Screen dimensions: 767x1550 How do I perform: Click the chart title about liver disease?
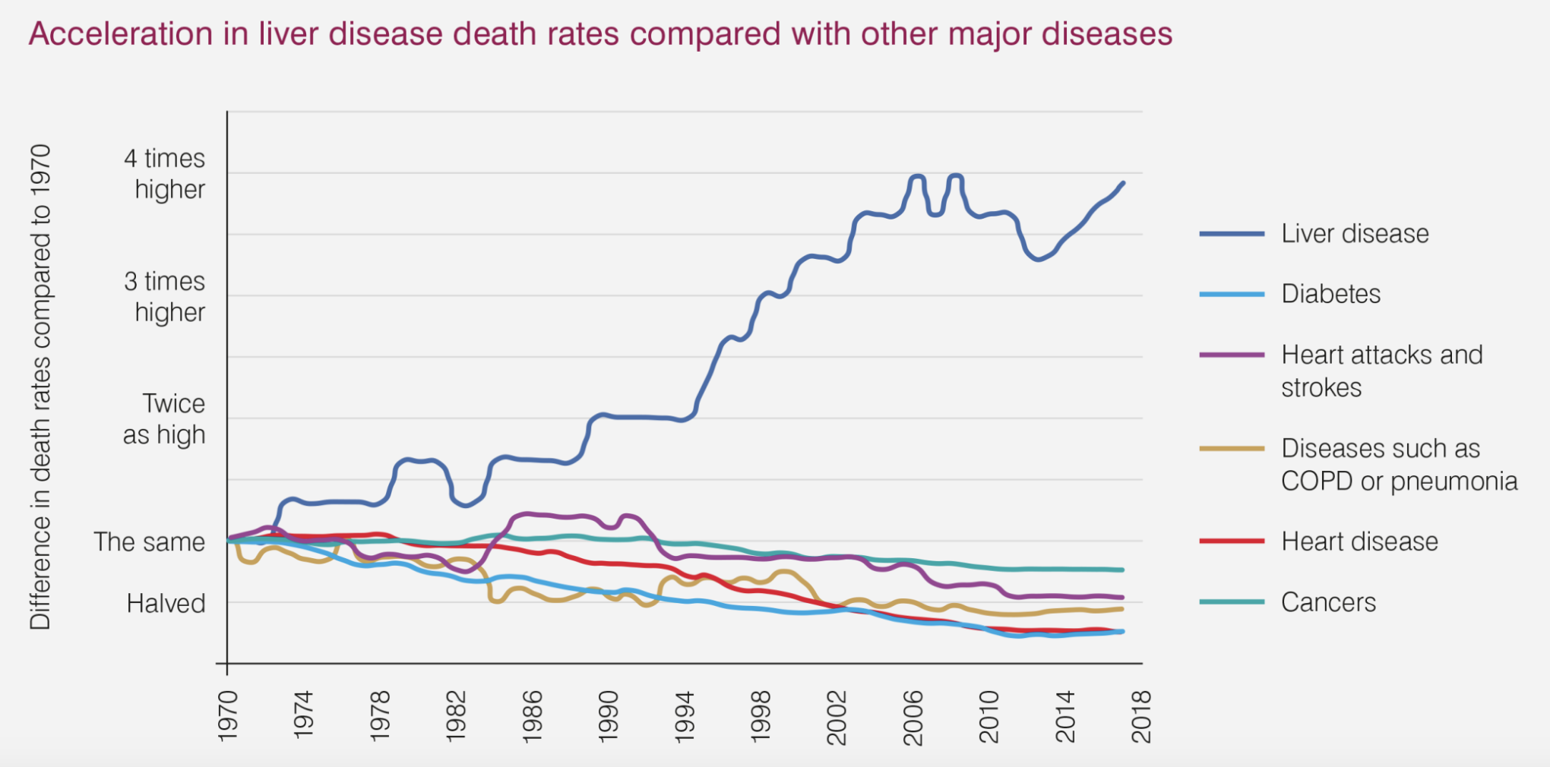click(x=600, y=34)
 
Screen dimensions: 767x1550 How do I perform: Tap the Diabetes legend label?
click(x=1330, y=294)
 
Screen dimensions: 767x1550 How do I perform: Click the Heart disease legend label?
click(x=1359, y=541)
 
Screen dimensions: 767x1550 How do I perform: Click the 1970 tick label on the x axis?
click(x=228, y=717)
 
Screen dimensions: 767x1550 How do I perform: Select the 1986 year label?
click(x=533, y=717)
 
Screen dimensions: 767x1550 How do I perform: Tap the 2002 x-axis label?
click(x=837, y=717)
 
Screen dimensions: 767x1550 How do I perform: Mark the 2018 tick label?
click(x=1141, y=717)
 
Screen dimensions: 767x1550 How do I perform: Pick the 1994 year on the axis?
click(x=685, y=717)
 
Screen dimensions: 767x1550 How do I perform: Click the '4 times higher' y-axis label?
click(x=165, y=174)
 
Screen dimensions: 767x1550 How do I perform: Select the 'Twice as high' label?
click(x=165, y=419)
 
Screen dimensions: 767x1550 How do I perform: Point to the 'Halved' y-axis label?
click(x=166, y=604)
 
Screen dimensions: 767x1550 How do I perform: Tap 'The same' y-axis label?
click(x=149, y=542)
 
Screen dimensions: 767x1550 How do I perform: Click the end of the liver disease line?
click(x=1123, y=183)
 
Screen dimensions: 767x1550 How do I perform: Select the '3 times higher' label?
click(x=165, y=297)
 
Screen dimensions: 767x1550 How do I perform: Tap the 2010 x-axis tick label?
click(x=989, y=717)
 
